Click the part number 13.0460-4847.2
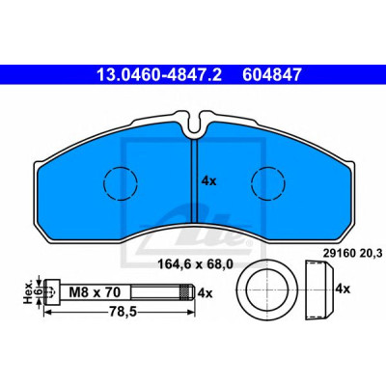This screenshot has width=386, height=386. [x=159, y=74]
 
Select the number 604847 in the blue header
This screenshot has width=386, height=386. [x=272, y=74]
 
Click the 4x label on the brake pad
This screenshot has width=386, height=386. [x=208, y=181]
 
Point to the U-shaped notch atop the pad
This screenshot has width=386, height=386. [x=194, y=124]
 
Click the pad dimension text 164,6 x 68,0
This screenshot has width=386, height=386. [x=195, y=264]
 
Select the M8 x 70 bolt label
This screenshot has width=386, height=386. [x=96, y=292]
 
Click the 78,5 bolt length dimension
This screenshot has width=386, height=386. [x=122, y=312]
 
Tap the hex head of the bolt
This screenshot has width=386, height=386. [x=52, y=292]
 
